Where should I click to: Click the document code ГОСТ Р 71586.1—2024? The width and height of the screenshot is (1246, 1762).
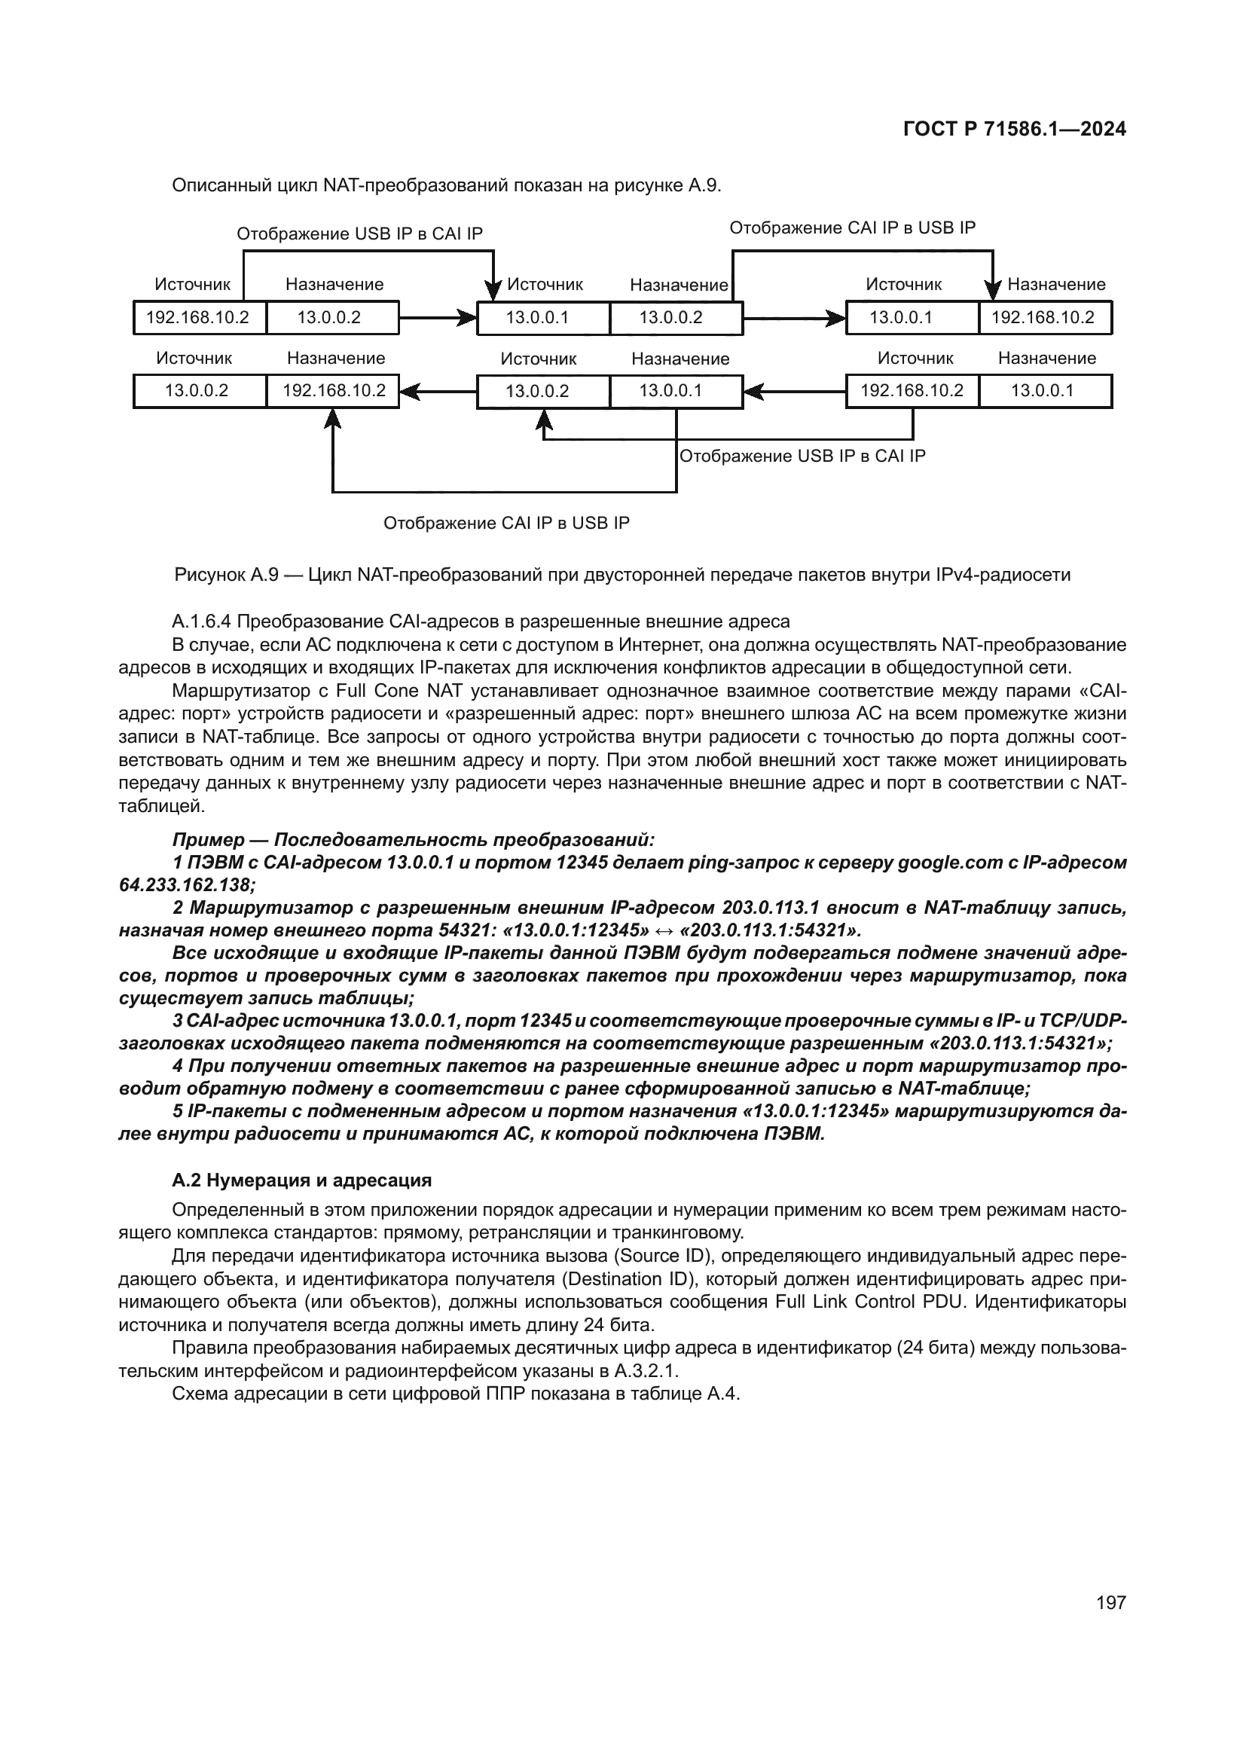(1014, 130)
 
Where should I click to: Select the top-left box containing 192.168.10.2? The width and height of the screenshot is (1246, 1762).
(198, 318)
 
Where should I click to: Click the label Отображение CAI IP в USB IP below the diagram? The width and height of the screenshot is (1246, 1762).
(506, 524)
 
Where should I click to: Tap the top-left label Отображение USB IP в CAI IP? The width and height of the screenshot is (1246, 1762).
(360, 234)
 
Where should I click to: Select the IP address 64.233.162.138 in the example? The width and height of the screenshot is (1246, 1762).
(186, 885)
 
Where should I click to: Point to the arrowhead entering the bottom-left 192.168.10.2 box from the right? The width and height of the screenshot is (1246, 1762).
(408, 392)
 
